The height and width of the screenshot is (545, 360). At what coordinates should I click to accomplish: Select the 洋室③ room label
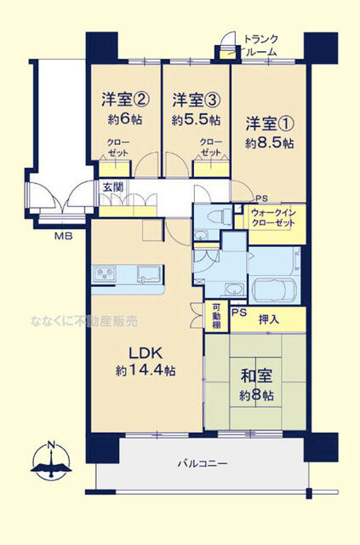196,99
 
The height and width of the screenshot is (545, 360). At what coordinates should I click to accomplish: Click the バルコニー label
200,463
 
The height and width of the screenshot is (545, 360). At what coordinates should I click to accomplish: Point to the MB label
63,233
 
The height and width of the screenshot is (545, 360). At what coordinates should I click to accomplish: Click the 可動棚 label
216,316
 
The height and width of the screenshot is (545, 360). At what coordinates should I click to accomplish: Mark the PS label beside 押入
239,312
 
